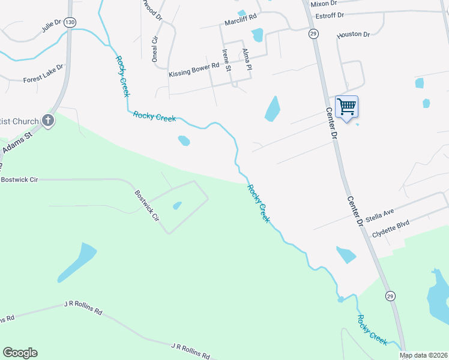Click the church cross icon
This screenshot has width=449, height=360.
point(49,121)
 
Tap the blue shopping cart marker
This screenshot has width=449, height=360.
point(346,107)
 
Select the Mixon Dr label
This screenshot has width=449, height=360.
point(325,4)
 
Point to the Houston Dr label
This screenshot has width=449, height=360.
point(353,35)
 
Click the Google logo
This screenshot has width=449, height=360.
point(20,353)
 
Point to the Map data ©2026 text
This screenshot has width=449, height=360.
point(423,355)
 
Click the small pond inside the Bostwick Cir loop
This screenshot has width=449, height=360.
point(177,206)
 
